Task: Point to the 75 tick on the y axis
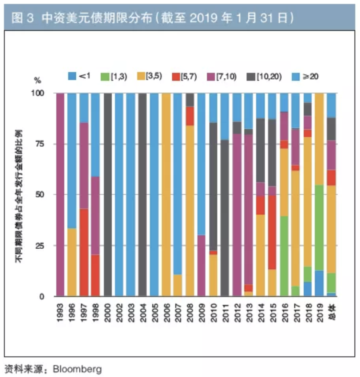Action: [41, 144]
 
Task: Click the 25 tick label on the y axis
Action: [41, 246]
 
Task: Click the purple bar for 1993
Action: [60, 194]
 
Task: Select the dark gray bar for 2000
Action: [108, 194]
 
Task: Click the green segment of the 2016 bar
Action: [284, 256]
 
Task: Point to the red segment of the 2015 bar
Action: [272, 232]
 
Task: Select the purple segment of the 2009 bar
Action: [201, 265]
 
